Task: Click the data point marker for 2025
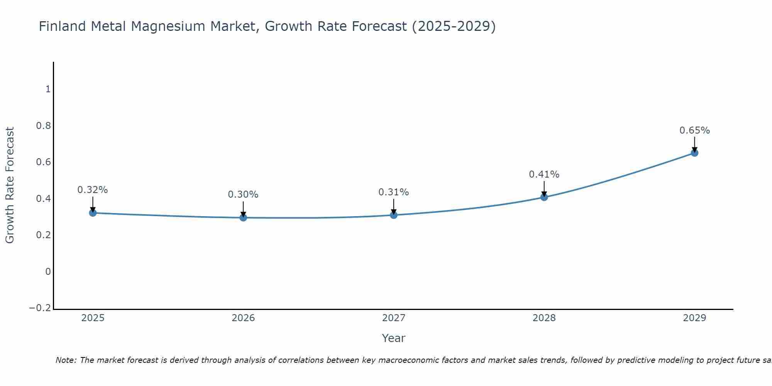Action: [x=93, y=213]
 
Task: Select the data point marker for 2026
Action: [x=243, y=218]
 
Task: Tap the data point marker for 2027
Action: [x=394, y=215]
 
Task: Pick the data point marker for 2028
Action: [x=544, y=197]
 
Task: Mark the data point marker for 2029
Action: [x=694, y=153]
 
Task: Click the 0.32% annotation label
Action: [x=93, y=190]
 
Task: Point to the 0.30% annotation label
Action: [x=243, y=195]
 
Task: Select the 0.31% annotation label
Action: [x=394, y=192]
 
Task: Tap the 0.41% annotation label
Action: [x=544, y=174]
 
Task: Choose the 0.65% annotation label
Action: [x=694, y=130]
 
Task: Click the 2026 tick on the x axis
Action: [x=243, y=318]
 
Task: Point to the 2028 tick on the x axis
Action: [x=544, y=318]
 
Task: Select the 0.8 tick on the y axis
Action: [x=43, y=126]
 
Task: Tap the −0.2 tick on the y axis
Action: [x=40, y=308]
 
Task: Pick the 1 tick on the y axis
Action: [x=48, y=89]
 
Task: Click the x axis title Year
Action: [x=393, y=338]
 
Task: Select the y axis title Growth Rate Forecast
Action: [x=10, y=185]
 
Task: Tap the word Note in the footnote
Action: [x=66, y=360]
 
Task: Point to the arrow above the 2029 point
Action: [x=694, y=144]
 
